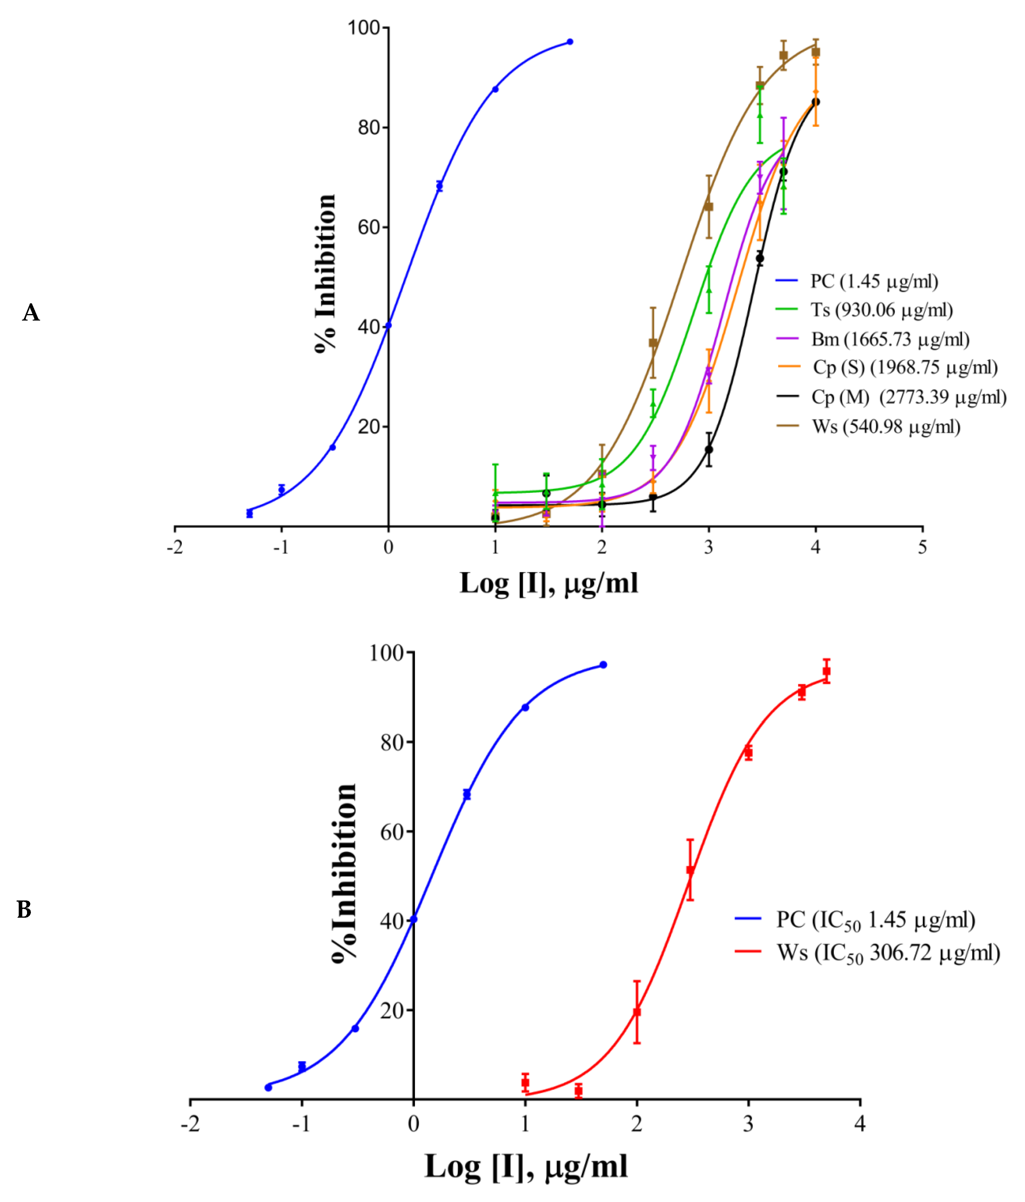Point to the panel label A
click(x=31, y=313)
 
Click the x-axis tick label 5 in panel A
click(x=922, y=547)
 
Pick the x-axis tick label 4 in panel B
click(x=860, y=1124)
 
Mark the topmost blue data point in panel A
click(x=570, y=42)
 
